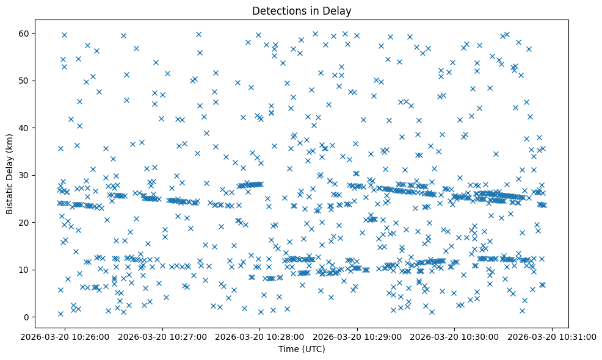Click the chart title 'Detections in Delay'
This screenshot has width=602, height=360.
pos(302,11)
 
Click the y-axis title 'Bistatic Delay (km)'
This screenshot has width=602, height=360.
pos(10,175)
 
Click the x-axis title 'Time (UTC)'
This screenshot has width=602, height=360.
pos(302,349)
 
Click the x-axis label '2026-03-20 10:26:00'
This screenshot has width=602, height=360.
pos(66,336)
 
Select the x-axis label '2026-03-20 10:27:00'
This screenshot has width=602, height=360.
pos(163,336)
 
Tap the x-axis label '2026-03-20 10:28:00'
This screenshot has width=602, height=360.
pos(261,336)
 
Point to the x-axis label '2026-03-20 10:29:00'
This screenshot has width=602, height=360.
pos(358,336)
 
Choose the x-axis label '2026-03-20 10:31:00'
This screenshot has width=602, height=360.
pos(553,336)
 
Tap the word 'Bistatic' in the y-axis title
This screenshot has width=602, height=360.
pos(10,199)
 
